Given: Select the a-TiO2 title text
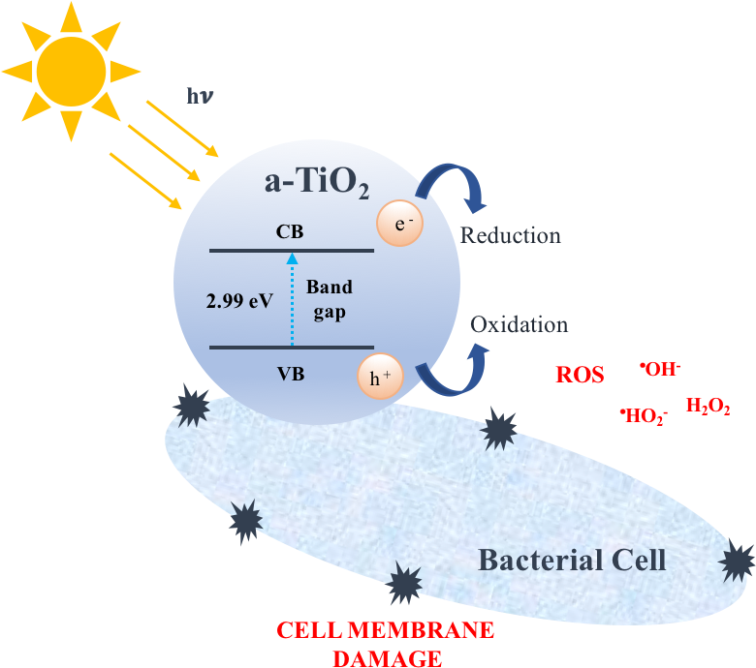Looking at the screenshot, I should click(x=317, y=183).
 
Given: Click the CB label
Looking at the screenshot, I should click(x=290, y=232).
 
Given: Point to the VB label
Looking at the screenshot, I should click(x=290, y=372).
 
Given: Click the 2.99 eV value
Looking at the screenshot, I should click(x=239, y=300).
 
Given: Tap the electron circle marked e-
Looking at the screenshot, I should click(x=399, y=224).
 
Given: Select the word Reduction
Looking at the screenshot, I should click(x=510, y=235).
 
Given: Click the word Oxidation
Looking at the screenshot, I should click(x=519, y=324).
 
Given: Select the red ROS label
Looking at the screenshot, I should click(x=580, y=376).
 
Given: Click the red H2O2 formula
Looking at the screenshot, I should click(x=708, y=407).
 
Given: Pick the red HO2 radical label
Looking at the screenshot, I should click(x=644, y=416).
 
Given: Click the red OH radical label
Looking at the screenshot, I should click(x=660, y=369).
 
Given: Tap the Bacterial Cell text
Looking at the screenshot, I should click(x=572, y=560).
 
